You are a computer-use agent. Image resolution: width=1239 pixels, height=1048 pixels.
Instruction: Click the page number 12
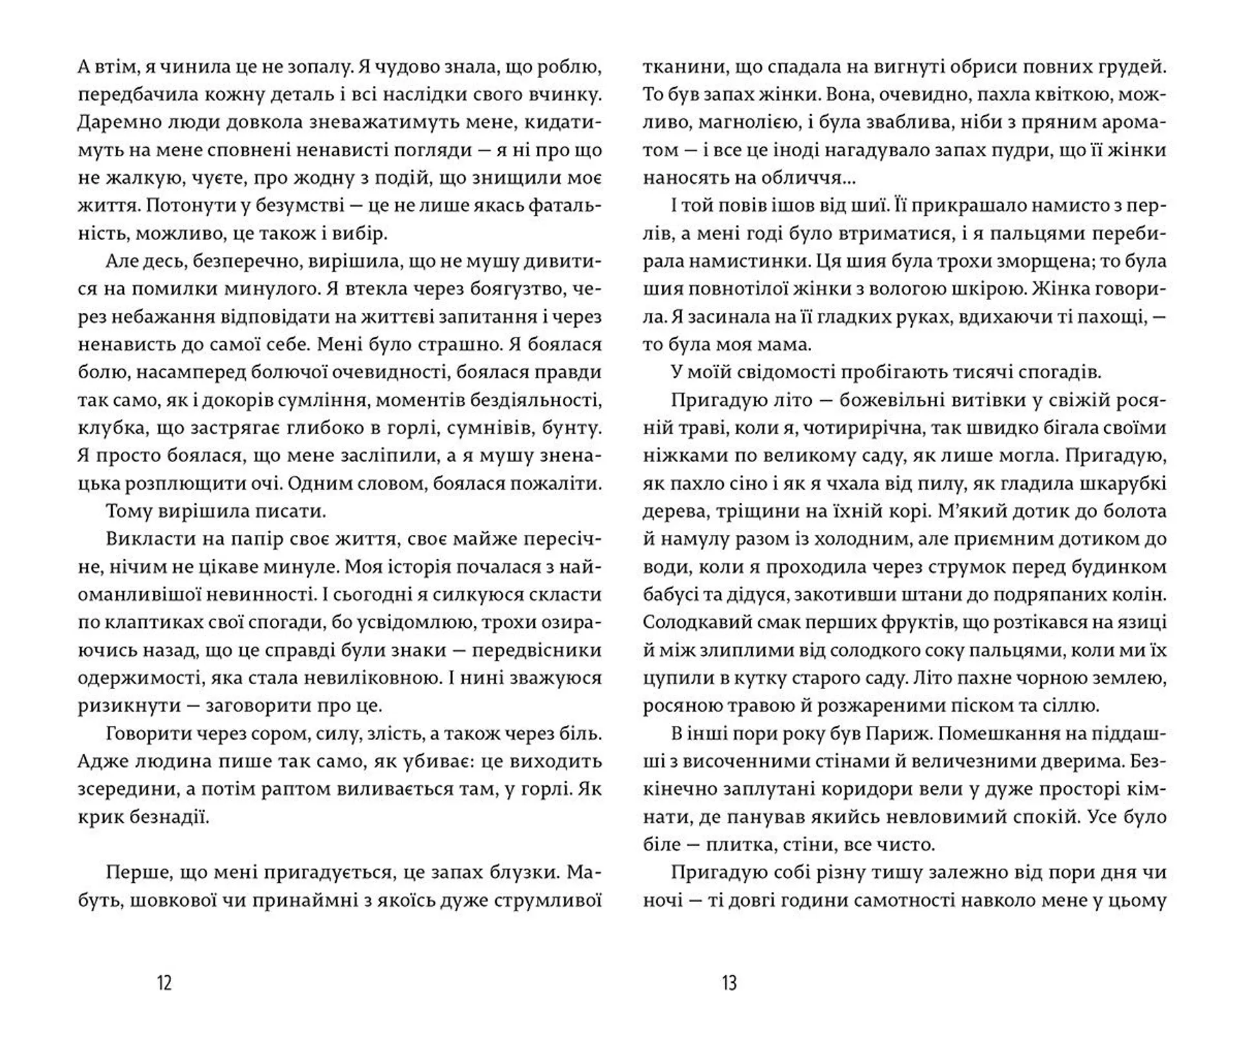(x=165, y=983)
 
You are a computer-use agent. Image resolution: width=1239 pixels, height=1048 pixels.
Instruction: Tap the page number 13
(x=729, y=983)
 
